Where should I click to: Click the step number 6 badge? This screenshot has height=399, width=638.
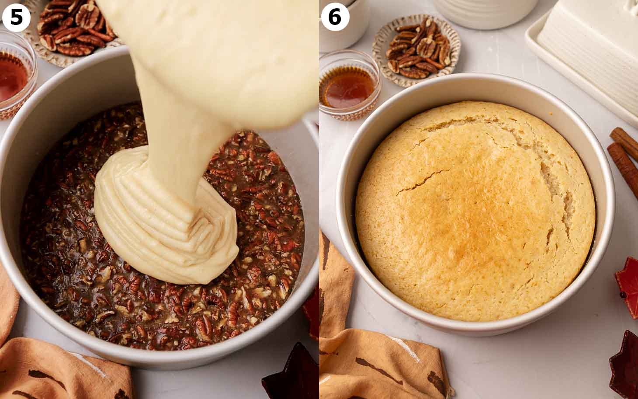pyautogui.click(x=335, y=17)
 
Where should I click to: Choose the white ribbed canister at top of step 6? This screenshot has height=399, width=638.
pyautogui.click(x=485, y=13)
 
